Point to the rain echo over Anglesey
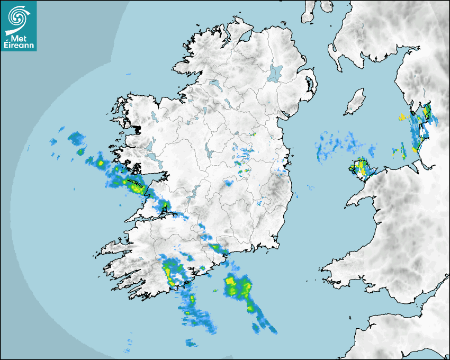361,168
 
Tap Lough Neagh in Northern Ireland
276,73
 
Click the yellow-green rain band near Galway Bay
133,185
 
